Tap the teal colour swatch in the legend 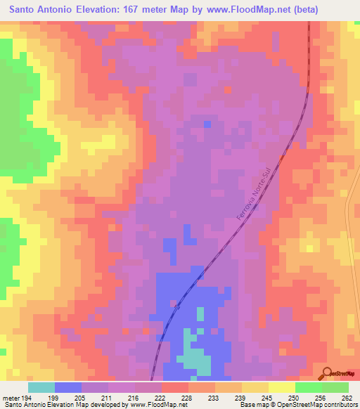coord(41,387)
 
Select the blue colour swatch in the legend coord(68,387)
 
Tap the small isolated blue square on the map coord(207,124)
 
